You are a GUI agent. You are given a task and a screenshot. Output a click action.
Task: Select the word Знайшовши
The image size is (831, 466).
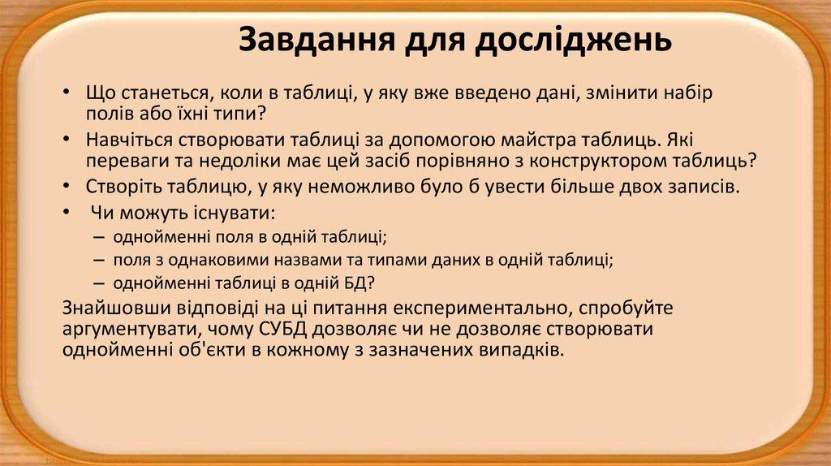(112, 310)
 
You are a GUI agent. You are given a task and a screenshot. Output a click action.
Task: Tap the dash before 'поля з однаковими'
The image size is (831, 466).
(98, 260)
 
